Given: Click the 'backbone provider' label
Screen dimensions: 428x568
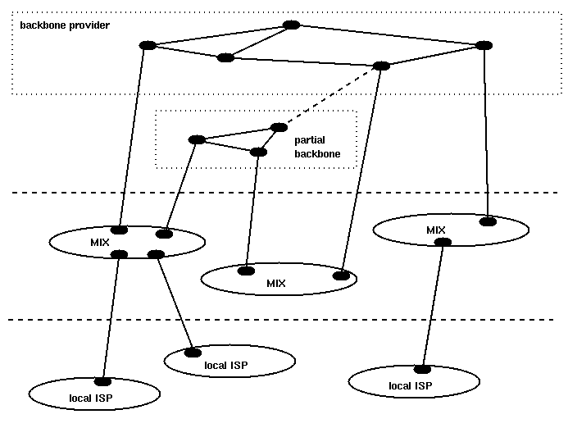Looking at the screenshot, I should pyautogui.click(x=65, y=25).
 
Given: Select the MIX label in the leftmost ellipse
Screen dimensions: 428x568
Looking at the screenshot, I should pyautogui.click(x=100, y=242).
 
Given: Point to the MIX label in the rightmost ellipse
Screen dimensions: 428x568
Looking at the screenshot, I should pyautogui.click(x=436, y=230).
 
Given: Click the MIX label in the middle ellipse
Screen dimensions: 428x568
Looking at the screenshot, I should pyautogui.click(x=276, y=284).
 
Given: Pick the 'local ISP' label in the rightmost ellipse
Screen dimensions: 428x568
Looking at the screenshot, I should pyautogui.click(x=410, y=385).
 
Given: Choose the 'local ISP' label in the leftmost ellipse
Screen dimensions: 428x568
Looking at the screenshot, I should pyautogui.click(x=91, y=398).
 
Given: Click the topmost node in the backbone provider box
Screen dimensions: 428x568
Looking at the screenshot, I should pyautogui.click(x=290, y=25).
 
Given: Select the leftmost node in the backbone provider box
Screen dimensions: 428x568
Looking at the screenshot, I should pyautogui.click(x=148, y=45).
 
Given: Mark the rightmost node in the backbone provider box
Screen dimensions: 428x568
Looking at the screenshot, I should pyautogui.click(x=484, y=44).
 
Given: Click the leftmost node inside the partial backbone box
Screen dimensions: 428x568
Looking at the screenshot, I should pyautogui.click(x=196, y=139).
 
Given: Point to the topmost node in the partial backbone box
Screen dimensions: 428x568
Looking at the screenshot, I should pyautogui.click(x=279, y=127).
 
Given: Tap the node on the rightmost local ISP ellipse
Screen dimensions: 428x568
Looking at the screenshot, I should pyautogui.click(x=423, y=368).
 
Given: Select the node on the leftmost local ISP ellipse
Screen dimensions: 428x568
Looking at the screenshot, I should pyautogui.click(x=103, y=381).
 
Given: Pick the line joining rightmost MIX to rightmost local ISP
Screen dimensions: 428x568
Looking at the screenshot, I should pyautogui.click(x=434, y=303).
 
